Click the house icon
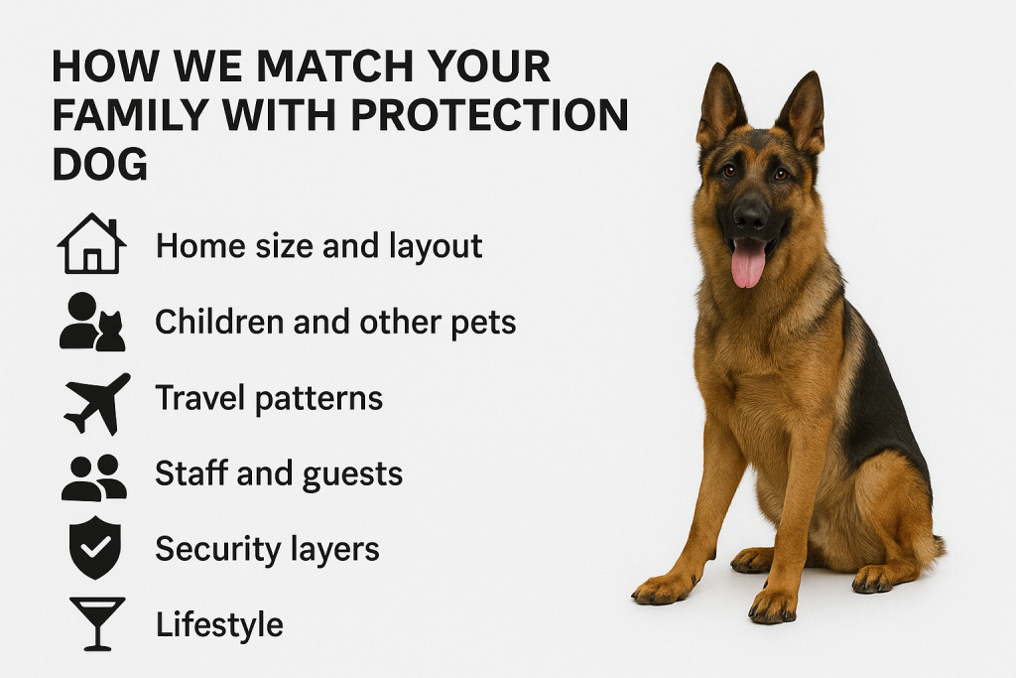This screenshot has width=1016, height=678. (92, 244)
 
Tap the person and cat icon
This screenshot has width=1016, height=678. (92, 323)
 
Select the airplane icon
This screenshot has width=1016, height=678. (97, 402)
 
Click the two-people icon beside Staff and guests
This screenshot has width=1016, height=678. (94, 477)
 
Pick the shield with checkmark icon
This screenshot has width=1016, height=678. (95, 548)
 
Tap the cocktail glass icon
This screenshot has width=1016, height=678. (97, 623)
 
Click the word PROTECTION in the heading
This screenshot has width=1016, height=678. (489, 115)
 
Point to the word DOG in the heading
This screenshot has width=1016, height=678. (100, 164)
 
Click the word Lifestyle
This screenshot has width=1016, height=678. (219, 624)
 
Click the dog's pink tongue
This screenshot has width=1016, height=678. (748, 263)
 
